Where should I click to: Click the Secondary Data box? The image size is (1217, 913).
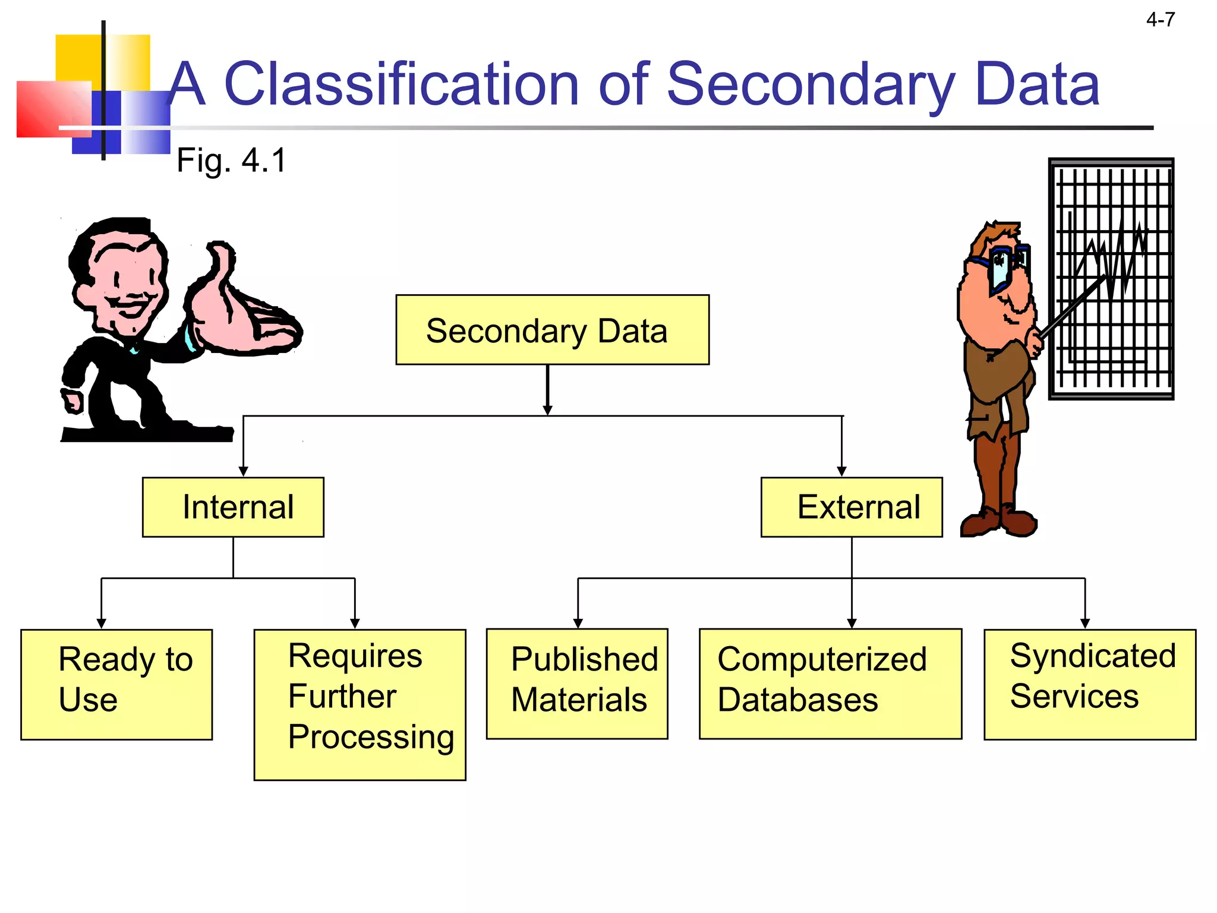click(552, 330)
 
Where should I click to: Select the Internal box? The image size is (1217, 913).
click(233, 507)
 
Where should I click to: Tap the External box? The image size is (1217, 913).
click(851, 507)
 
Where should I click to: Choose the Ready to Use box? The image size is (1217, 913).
click(116, 684)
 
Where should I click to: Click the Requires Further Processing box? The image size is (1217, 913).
click(360, 704)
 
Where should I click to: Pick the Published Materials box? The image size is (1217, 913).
click(576, 684)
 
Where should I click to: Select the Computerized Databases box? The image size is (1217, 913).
click(830, 684)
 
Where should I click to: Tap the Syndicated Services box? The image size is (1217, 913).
click(1089, 684)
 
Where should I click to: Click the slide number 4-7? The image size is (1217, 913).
click(1160, 20)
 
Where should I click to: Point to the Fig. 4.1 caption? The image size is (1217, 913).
click(231, 160)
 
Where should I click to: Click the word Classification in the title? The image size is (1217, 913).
click(401, 85)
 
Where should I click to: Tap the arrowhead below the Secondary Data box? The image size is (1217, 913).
click(547, 410)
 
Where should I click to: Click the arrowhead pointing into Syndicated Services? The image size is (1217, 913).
click(1084, 623)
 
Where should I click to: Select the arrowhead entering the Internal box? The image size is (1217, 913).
click(243, 471)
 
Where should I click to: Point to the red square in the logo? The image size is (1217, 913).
click(52, 109)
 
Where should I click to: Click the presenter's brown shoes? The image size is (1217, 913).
click(998, 521)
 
